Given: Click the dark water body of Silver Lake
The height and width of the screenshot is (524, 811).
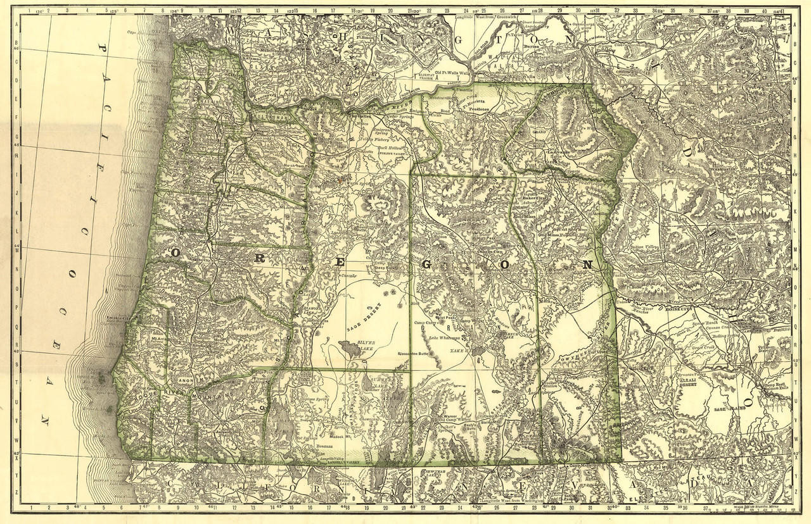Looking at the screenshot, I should (x=347, y=347).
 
